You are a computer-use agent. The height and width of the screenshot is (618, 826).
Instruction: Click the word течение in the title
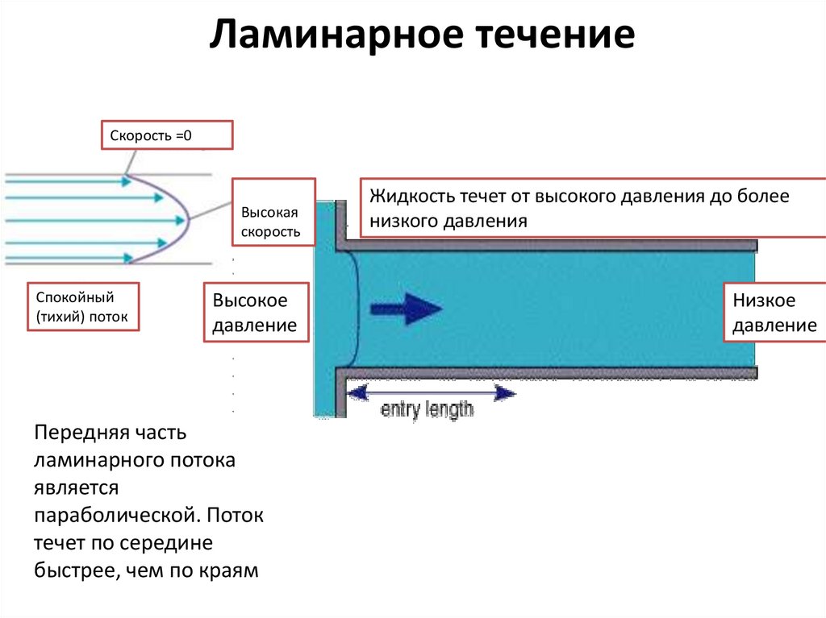pyautogui.click(x=557, y=35)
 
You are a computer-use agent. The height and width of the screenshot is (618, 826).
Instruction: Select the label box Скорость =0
pyautogui.click(x=167, y=135)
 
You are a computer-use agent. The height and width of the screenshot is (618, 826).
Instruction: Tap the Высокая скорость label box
pyautogui.click(x=273, y=212)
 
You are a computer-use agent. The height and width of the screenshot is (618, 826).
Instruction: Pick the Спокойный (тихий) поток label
pyautogui.click(x=83, y=307)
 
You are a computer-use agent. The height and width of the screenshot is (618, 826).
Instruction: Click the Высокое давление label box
pyautogui.click(x=256, y=313)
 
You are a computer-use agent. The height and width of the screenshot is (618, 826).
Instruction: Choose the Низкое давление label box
pyautogui.click(x=774, y=313)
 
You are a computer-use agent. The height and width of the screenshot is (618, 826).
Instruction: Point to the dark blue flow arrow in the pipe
pyautogui.click(x=407, y=309)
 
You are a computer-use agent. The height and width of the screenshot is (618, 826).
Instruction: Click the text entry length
pyautogui.click(x=427, y=409)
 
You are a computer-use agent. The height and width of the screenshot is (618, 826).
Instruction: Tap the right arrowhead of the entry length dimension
pyautogui.click(x=505, y=392)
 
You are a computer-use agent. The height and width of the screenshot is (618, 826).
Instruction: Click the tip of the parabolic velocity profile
pyautogui.click(x=189, y=219)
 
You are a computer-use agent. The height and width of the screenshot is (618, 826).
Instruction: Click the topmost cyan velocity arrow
pyautogui.click(x=69, y=181)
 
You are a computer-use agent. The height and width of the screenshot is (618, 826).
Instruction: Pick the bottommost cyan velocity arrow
pyautogui.click(x=69, y=258)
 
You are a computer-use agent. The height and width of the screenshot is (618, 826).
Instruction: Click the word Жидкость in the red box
pyautogui.click(x=412, y=197)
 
